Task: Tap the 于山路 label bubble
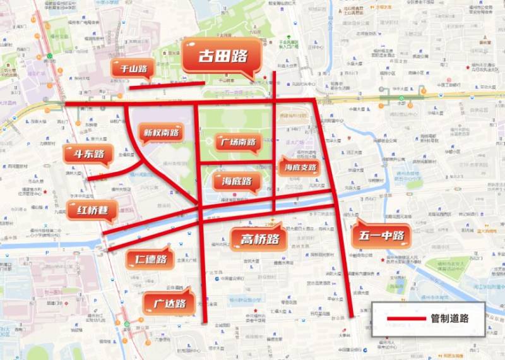[x=133, y=69]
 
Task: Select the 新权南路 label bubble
[x=161, y=133]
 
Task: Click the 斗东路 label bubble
[x=88, y=154]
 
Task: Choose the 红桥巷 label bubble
[x=91, y=210]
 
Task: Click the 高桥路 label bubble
[x=259, y=239]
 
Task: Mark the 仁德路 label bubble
[x=150, y=259]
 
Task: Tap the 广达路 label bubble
[x=169, y=303]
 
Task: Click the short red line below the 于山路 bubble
[x=167, y=85]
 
